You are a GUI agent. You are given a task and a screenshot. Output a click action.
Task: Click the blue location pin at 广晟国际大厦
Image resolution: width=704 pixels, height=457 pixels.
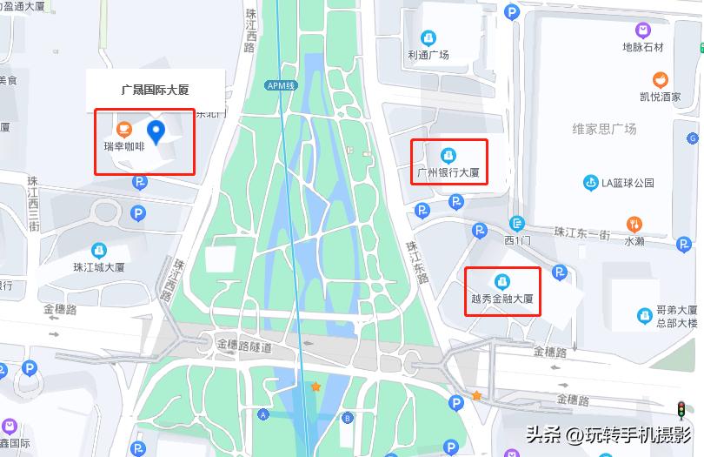[x=156, y=131]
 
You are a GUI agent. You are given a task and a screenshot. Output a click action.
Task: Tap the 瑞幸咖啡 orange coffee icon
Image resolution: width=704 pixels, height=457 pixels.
[x=123, y=131]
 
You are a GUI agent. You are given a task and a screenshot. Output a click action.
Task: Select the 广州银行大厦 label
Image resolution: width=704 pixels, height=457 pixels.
[x=448, y=172]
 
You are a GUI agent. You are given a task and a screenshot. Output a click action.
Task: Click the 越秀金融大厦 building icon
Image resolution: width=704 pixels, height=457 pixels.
[x=501, y=281]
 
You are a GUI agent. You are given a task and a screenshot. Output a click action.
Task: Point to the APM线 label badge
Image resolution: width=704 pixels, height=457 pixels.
[x=281, y=85]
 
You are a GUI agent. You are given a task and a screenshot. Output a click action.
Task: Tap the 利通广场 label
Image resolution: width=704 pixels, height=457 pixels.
[x=428, y=55]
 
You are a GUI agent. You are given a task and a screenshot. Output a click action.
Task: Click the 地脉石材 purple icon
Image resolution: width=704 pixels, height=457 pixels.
[x=642, y=30]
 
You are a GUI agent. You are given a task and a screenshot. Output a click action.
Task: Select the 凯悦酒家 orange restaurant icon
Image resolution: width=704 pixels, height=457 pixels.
[x=660, y=79]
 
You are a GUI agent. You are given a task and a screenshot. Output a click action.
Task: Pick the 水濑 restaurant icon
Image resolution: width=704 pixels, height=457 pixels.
[x=634, y=224]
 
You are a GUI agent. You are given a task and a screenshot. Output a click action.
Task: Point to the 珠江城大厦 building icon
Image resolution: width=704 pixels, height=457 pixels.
[x=99, y=250]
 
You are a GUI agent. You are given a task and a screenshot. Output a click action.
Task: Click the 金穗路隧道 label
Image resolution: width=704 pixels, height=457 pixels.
[x=244, y=346]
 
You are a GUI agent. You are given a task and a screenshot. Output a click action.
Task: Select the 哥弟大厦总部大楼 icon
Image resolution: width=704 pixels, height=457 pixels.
[x=644, y=315]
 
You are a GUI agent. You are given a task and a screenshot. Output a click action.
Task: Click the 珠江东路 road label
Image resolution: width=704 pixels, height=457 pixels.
[x=420, y=259]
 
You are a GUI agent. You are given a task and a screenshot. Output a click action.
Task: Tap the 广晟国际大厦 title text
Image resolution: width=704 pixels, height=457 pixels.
[x=156, y=90]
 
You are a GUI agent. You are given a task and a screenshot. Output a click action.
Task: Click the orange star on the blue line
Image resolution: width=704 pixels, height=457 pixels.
[x=316, y=386]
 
